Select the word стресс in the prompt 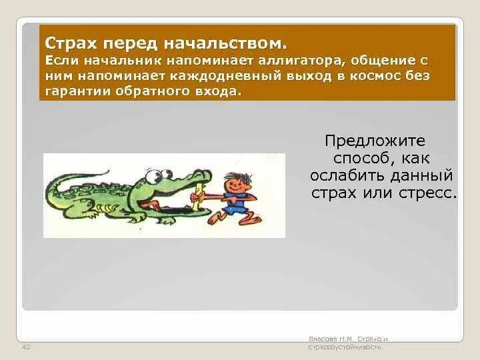[431, 193]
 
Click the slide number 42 [27, 347]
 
